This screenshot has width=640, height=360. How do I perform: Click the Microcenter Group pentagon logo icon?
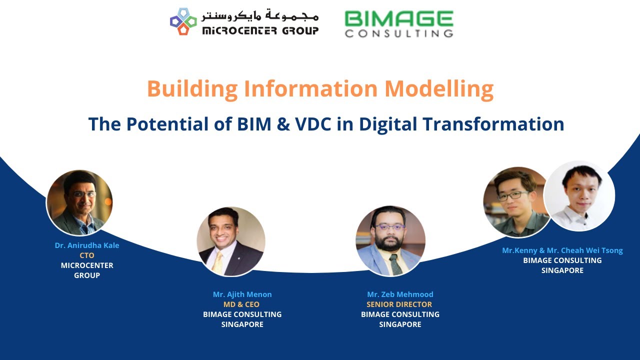click(x=183, y=21)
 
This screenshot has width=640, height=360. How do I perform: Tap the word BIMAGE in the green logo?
click(x=398, y=19)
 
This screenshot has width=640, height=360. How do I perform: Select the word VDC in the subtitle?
click(x=307, y=124)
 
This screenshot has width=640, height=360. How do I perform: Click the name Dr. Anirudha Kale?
click(x=87, y=245)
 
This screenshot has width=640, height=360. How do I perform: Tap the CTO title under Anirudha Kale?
click(x=87, y=255)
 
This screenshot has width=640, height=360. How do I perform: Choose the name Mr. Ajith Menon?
click(x=242, y=294)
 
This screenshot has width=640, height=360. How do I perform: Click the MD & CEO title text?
click(x=241, y=304)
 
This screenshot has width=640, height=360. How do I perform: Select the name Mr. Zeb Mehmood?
click(x=400, y=294)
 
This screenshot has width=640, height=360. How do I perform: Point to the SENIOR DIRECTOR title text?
click(x=399, y=304)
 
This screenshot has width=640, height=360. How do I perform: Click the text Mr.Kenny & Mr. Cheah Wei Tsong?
click(x=562, y=250)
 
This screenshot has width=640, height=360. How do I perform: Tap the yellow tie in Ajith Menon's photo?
click(x=218, y=262)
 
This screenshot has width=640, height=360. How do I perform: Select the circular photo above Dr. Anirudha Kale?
click(x=79, y=202)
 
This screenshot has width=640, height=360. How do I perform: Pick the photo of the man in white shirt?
click(x=579, y=196)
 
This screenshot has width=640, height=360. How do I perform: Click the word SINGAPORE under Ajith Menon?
click(x=242, y=324)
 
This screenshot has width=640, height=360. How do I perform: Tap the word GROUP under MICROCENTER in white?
click(x=87, y=275)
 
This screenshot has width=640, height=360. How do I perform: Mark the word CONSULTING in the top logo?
click(x=398, y=33)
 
